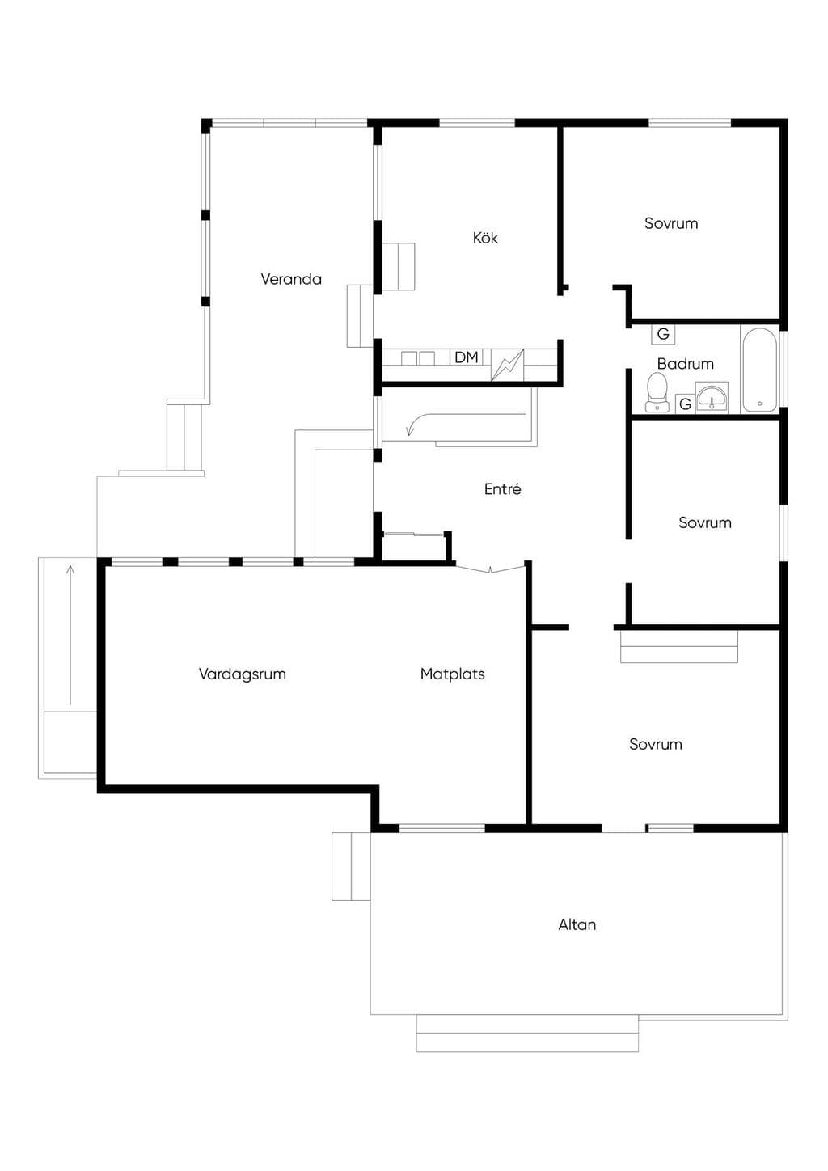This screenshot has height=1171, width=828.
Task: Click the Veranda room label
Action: click(x=291, y=279)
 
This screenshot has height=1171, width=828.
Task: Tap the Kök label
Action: click(x=485, y=238)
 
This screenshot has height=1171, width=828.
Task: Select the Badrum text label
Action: click(x=686, y=363)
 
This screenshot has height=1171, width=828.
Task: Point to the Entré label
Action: click(x=502, y=488)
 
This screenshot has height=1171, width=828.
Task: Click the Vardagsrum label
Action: click(x=242, y=674)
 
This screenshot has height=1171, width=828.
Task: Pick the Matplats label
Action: click(x=452, y=674)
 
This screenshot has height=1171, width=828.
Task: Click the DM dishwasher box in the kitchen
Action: click(x=467, y=357)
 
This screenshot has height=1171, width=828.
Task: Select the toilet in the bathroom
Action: click(x=657, y=392)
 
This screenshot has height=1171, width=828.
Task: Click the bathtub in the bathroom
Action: click(x=759, y=369)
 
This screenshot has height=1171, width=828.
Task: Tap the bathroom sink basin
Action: click(x=711, y=397)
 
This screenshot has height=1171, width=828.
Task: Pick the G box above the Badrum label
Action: click(x=663, y=333)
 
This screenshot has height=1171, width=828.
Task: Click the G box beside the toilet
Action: click(x=685, y=404)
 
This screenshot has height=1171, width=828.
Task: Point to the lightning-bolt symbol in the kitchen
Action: click(x=508, y=365)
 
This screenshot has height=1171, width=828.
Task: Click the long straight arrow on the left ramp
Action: click(x=70, y=635)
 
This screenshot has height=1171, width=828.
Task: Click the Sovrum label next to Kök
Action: click(x=671, y=223)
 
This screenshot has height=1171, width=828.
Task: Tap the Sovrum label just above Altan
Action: click(x=656, y=744)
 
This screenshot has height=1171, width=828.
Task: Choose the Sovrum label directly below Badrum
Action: click(x=704, y=522)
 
